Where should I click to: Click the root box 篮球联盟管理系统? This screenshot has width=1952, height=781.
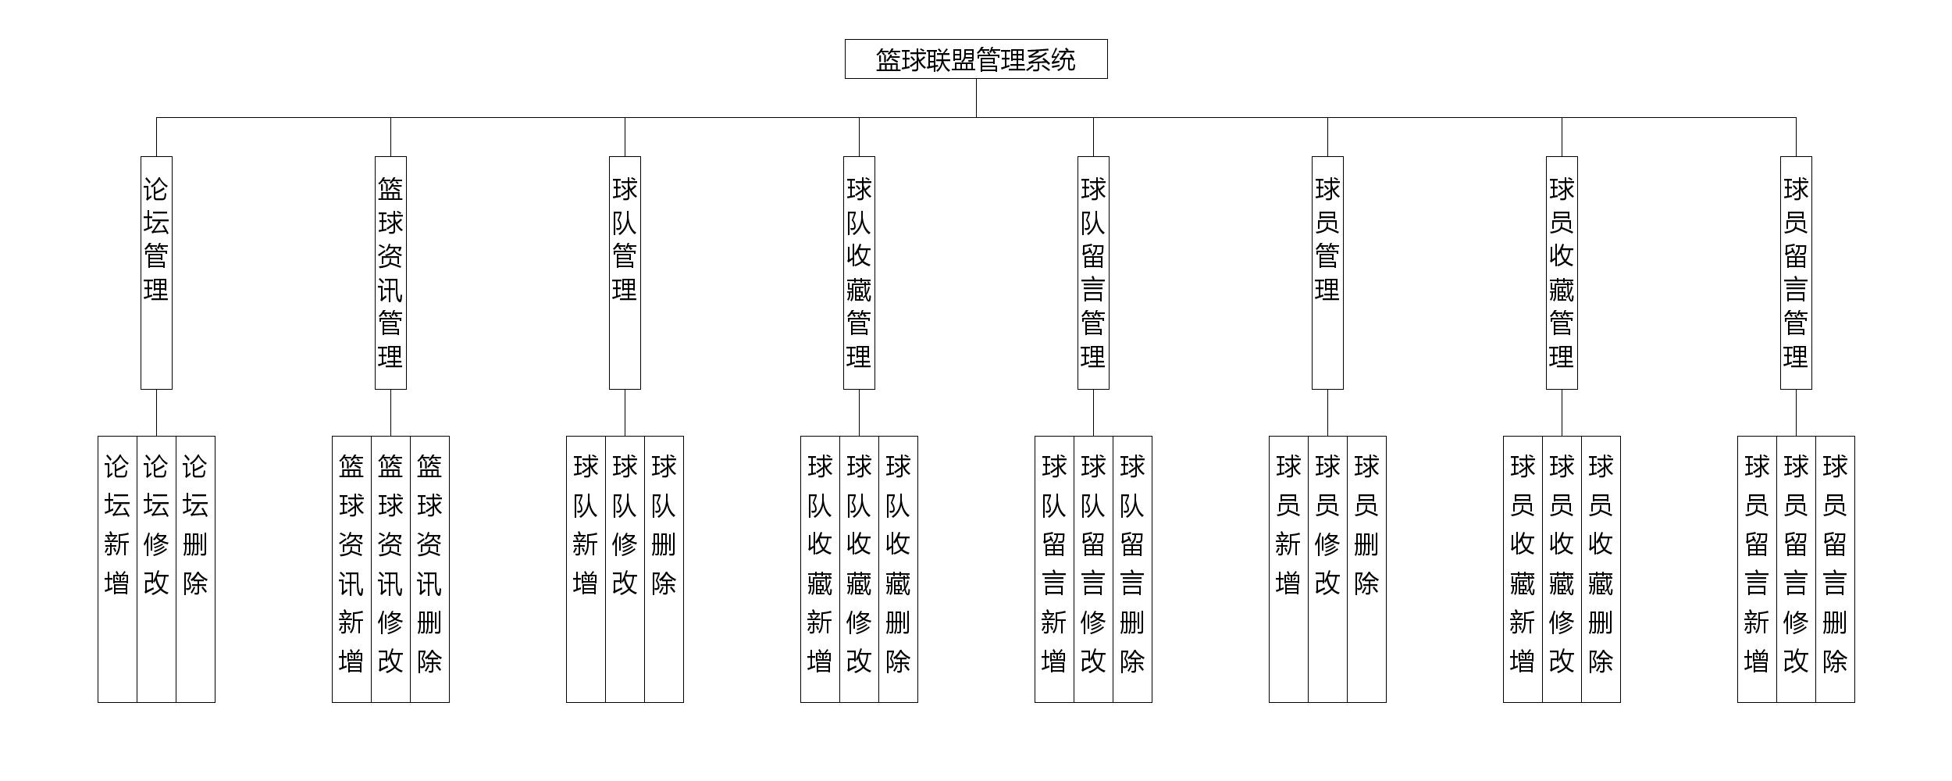click(x=976, y=59)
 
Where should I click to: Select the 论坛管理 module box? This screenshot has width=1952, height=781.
click(x=156, y=273)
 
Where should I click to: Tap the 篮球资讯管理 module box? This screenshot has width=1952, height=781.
click(x=390, y=273)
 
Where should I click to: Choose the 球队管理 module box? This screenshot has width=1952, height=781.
click(x=625, y=273)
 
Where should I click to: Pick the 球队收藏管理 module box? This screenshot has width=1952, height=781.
click(x=859, y=273)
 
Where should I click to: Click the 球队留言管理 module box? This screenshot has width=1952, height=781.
click(x=1093, y=273)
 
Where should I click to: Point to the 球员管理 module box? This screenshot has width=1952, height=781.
click(x=1327, y=273)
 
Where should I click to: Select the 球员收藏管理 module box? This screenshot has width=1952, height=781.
click(x=1562, y=273)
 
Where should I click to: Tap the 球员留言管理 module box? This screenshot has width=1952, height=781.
click(x=1796, y=273)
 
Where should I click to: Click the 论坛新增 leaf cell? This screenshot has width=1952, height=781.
click(x=117, y=569)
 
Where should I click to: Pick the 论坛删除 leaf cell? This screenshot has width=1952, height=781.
click(x=195, y=569)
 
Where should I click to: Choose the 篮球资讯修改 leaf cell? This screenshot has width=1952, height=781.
click(x=390, y=569)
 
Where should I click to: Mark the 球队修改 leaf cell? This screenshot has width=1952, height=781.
click(x=625, y=569)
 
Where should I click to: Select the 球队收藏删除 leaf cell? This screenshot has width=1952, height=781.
click(x=898, y=569)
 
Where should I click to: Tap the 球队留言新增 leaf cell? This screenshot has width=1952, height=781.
click(x=1054, y=569)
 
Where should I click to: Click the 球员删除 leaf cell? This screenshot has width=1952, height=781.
click(x=1366, y=569)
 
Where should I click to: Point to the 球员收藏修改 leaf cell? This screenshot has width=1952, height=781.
click(x=1562, y=569)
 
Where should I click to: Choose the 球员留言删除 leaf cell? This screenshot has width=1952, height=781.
click(x=1835, y=569)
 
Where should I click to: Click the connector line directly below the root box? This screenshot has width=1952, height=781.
click(x=976, y=98)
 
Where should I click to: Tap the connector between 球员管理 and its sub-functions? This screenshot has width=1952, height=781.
click(x=1327, y=412)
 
